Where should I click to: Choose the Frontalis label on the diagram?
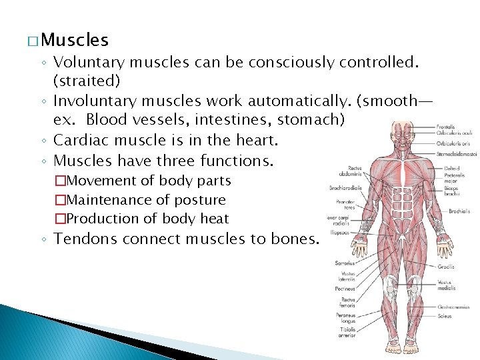(x=446, y=127)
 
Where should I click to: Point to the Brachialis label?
(x=459, y=211)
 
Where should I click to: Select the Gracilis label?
(x=446, y=267)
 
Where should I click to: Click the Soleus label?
(x=445, y=314)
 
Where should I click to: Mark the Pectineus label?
(x=345, y=289)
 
